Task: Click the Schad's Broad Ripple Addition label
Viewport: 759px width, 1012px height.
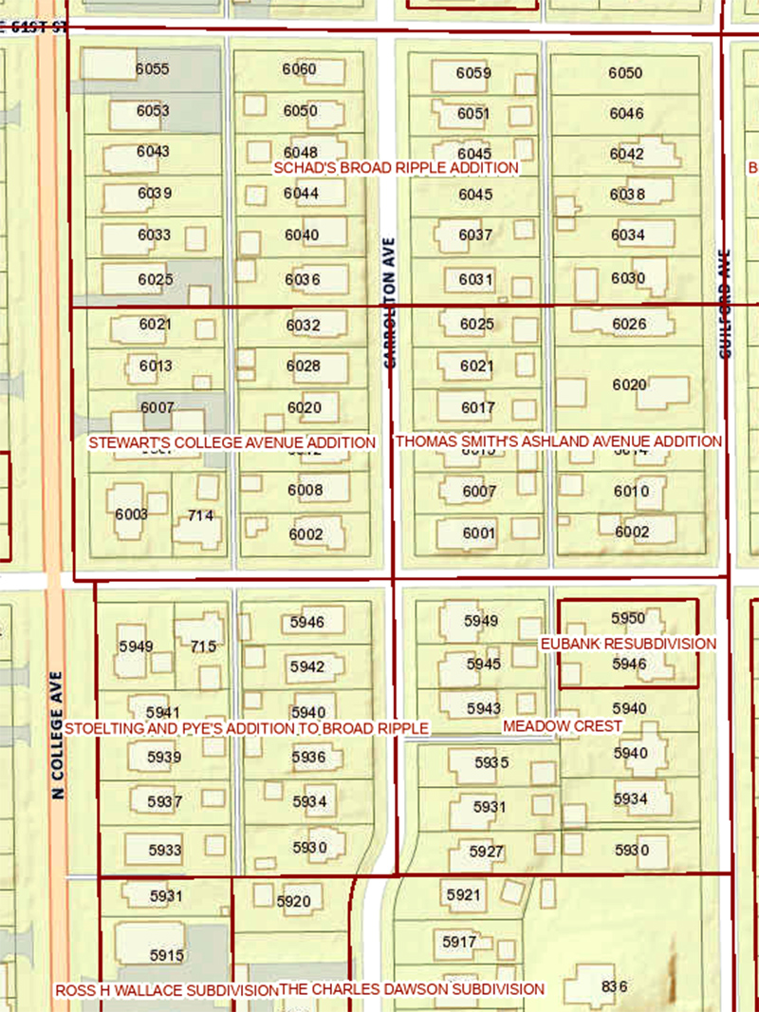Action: tap(397, 168)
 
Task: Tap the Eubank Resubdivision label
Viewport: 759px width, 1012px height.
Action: tap(628, 644)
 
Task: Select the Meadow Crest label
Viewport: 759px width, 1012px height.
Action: tap(563, 725)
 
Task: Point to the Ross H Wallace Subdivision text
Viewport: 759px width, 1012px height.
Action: tap(165, 990)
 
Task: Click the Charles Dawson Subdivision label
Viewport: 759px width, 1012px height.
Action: tap(412, 989)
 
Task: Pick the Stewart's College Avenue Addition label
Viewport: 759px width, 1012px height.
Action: tap(231, 442)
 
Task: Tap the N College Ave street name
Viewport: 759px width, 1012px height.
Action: tap(58, 735)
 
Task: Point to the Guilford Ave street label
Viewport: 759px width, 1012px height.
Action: tap(727, 304)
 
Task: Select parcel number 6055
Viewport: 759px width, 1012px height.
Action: tap(152, 69)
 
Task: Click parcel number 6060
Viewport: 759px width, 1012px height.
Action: tap(300, 69)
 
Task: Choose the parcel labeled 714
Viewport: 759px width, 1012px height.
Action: tap(200, 515)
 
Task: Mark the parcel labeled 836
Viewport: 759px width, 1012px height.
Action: tap(615, 986)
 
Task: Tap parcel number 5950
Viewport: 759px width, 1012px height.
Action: tap(628, 618)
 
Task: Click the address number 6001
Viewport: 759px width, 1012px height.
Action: tap(479, 534)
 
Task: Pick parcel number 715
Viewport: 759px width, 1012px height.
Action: tap(203, 647)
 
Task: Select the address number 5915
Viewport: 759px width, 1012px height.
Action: tap(166, 955)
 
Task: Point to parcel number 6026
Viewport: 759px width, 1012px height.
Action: tap(629, 324)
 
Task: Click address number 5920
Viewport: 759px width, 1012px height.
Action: tap(293, 901)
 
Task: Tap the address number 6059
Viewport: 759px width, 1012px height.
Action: tap(473, 73)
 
